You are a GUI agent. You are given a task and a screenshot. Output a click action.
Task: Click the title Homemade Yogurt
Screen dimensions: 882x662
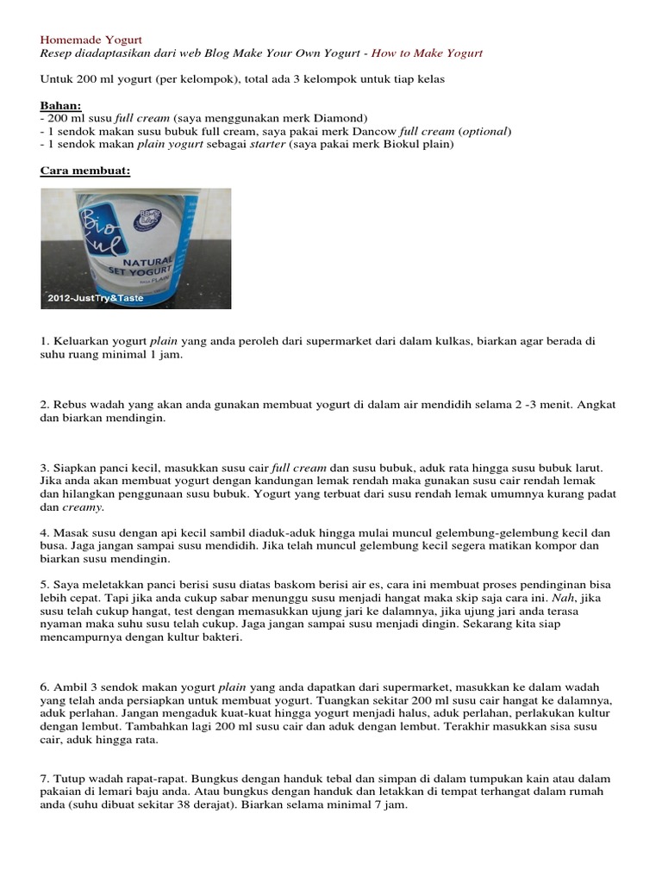91,40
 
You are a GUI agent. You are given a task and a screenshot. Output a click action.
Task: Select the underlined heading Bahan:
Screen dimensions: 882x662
60,105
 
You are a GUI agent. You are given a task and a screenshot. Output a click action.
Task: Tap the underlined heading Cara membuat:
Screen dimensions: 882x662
85,171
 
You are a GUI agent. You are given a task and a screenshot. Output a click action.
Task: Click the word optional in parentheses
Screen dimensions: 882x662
484,131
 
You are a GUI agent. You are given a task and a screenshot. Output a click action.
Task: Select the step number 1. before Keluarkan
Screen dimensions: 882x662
46,341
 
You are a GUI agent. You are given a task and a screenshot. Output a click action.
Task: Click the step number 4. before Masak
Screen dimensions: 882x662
46,532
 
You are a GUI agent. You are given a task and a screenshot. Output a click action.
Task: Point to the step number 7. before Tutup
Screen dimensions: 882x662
46,778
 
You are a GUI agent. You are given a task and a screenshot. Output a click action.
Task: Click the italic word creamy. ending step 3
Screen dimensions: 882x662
59,507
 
